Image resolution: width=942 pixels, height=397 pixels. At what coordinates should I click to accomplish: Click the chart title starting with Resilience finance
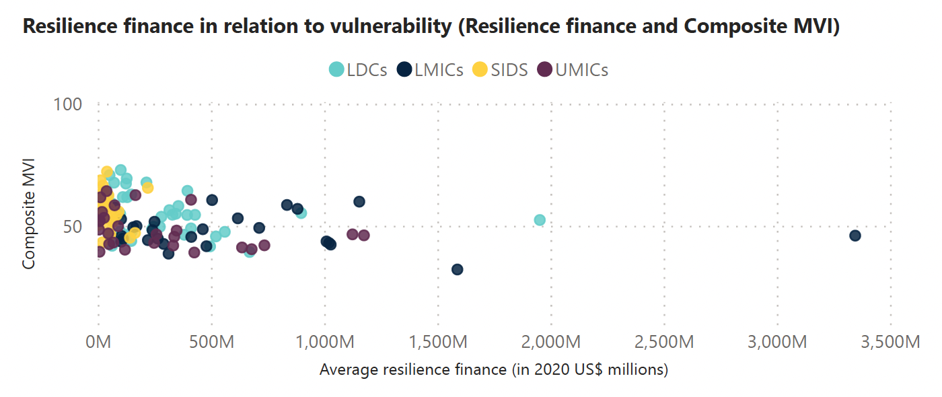click(x=431, y=26)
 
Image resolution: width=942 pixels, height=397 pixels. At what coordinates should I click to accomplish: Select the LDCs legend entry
click(x=358, y=69)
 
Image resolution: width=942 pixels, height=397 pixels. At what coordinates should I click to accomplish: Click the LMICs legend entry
click(x=431, y=69)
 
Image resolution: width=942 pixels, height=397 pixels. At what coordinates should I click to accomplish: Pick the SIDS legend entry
click(x=499, y=69)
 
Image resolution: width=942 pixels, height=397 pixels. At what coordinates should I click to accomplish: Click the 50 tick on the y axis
click(x=72, y=226)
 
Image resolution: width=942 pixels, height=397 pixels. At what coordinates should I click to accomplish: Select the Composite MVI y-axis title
click(x=28, y=214)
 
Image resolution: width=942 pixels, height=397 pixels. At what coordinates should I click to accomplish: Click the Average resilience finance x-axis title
click(x=493, y=369)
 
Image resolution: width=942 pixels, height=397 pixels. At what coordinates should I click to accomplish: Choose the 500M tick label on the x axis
click(x=211, y=342)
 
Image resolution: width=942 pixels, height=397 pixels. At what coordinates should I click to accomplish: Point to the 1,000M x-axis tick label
click(x=325, y=342)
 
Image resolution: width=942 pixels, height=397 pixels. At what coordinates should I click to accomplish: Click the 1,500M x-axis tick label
click(x=438, y=342)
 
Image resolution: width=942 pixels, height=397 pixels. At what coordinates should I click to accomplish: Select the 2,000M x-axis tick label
click(x=551, y=342)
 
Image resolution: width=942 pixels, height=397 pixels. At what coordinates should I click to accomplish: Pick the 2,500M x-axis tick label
click(x=664, y=342)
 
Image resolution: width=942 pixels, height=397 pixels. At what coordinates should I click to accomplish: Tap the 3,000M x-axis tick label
click(x=777, y=342)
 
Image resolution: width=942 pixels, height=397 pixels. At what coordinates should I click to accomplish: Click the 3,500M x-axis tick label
click(x=890, y=342)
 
